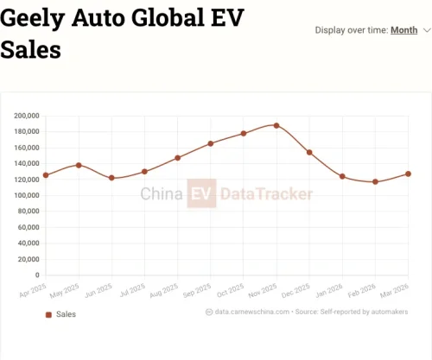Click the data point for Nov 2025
point(276,125)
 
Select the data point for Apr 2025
point(46,175)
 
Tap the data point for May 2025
point(79,165)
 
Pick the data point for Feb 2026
point(375,181)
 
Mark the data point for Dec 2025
point(309,152)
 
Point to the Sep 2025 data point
point(211,143)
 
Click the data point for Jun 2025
point(111,178)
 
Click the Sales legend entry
point(61,314)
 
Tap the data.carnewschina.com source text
point(249,312)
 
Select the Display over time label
point(351,30)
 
